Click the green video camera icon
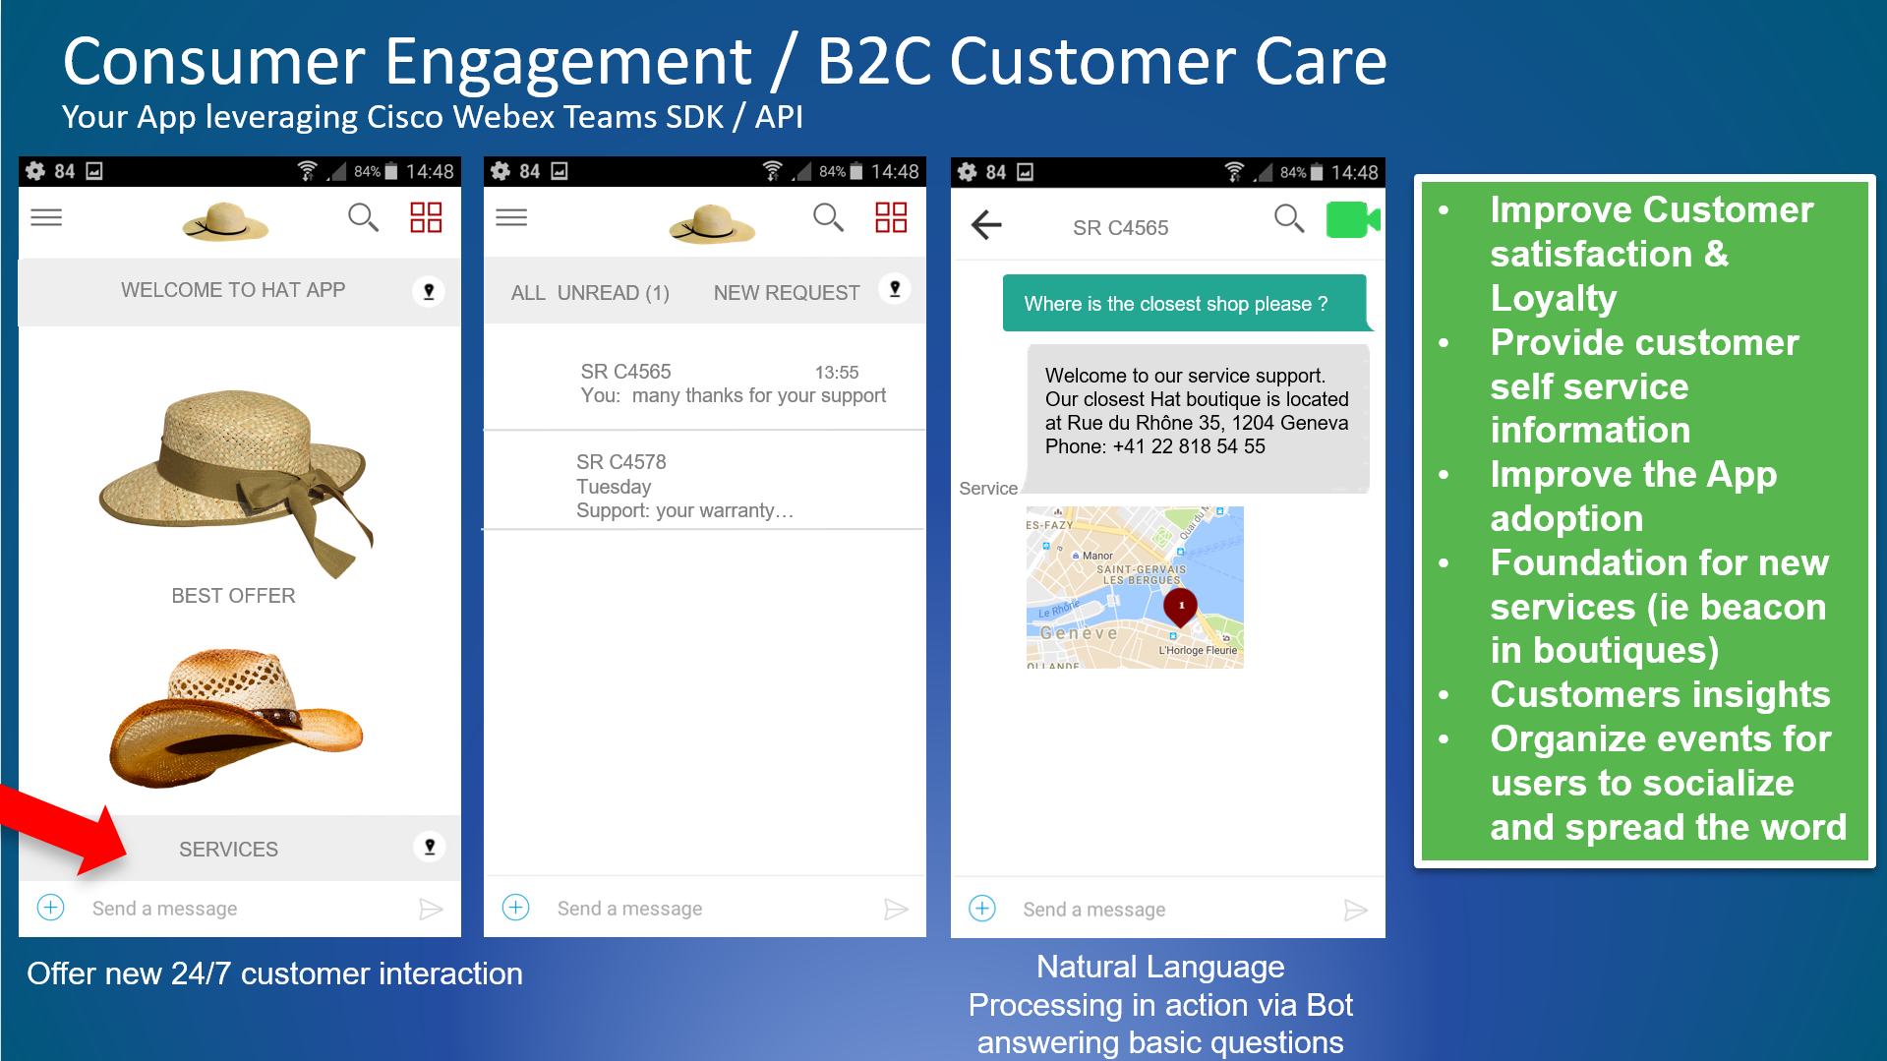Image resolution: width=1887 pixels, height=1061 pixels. coord(1353,219)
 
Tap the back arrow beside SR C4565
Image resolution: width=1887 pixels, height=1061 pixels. coord(986,225)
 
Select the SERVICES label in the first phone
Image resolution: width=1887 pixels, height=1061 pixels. coord(228,849)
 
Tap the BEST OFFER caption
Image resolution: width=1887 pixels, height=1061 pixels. coord(233,596)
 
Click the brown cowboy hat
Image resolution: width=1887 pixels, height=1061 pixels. coord(236,717)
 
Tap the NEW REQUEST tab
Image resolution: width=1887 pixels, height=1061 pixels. coord(787,293)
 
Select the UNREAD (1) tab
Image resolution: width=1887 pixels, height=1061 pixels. coord(614,293)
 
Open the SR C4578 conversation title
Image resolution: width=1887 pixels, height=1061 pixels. coord(621,462)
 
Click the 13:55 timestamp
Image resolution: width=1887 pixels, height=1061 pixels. coord(837,373)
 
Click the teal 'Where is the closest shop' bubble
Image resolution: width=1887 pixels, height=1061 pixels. coord(1185,303)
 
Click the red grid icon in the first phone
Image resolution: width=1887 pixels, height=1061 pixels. coord(426,217)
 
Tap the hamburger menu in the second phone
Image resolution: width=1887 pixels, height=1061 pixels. coord(511,217)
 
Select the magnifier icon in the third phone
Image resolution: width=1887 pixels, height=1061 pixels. coord(1289,218)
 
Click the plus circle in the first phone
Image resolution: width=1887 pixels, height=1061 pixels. coord(51,907)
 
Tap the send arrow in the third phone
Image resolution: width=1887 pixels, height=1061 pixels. coord(1355,910)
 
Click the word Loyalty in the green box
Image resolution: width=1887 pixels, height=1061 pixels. coord(1554,298)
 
